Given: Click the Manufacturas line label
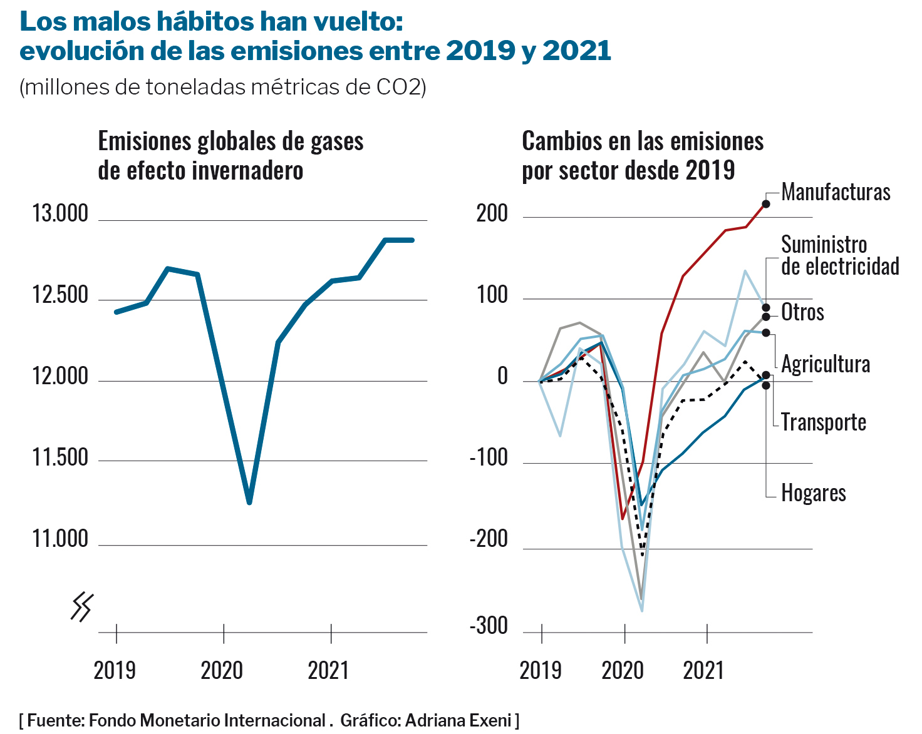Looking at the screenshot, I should pos(836,192).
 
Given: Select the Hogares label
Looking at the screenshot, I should pos(813,493).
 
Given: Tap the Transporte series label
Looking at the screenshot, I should pos(823,422).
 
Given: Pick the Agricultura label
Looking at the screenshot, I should pos(826,364).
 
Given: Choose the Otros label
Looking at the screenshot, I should pos(802,312).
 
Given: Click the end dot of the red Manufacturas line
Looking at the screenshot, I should pos(765,204).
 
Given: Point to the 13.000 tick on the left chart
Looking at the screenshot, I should pos(60,214).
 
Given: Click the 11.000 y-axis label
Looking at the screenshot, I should pos(60,539).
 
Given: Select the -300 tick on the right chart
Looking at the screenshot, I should pos(489,626).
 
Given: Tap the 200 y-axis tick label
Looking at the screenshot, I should pos(492,214).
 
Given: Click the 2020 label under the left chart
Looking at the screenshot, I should pos(222,671).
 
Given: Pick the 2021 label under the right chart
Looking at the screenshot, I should pos(703,671).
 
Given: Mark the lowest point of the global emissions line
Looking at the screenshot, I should pos(249,502).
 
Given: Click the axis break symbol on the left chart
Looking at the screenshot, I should pos(82,607).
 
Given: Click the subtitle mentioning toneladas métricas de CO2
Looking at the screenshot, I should pos(223,87).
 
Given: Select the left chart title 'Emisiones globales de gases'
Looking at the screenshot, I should pos(230,142).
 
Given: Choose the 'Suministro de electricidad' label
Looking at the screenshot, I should pos(839,255).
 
